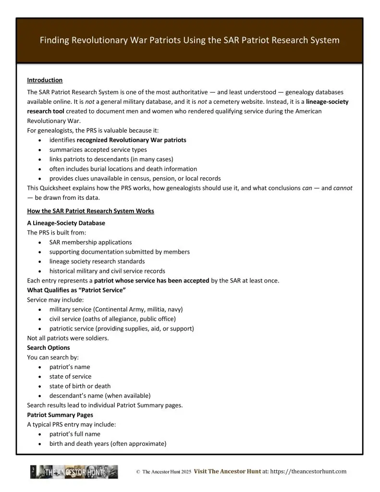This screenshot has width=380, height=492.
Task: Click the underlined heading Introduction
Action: (45, 80)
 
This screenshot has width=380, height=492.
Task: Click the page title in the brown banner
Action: (190, 40)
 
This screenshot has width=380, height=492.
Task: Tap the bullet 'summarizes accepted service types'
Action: (98, 149)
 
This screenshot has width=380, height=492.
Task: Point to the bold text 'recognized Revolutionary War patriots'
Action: (131, 140)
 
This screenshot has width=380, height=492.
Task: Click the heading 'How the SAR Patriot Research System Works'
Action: (90, 211)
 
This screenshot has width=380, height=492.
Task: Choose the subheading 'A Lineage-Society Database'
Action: (66, 223)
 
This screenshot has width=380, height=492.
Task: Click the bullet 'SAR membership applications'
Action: (90, 242)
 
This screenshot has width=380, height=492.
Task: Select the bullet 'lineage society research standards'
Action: (97, 261)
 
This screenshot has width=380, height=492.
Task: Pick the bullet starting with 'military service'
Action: (116, 309)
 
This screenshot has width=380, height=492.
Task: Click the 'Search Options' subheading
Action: (49, 348)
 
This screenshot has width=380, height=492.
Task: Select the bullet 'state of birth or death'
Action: (80, 386)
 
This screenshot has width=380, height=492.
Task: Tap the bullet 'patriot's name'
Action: (70, 367)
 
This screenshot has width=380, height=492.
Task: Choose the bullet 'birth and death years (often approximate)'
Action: (108, 444)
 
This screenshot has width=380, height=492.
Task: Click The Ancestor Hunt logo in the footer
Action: (74, 472)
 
